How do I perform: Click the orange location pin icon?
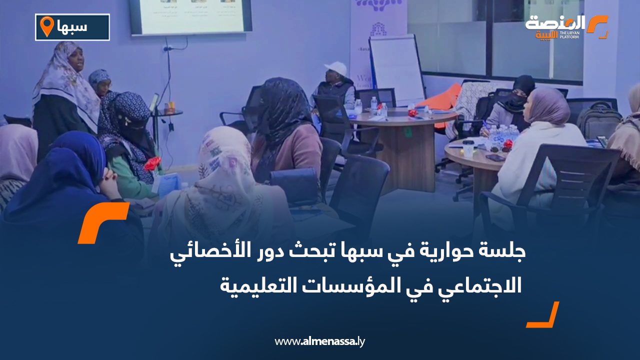[46, 26]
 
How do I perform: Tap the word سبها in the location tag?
[72, 26]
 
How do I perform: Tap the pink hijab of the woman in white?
[548, 106]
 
